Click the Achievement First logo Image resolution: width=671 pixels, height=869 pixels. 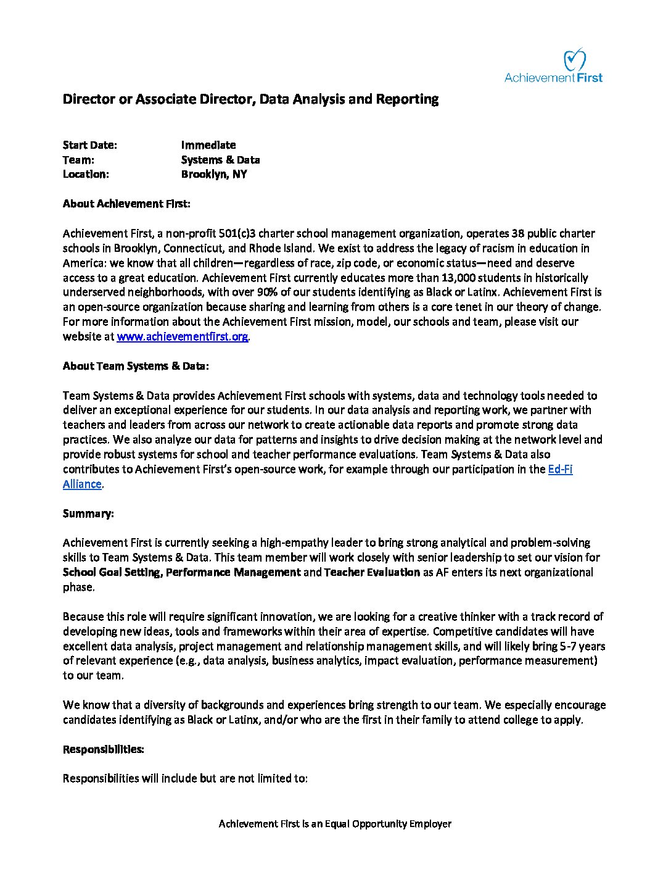coord(553,66)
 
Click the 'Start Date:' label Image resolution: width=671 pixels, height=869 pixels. coord(89,145)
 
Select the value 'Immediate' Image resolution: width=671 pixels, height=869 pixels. coord(208,145)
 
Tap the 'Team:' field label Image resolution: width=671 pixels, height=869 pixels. coord(78,160)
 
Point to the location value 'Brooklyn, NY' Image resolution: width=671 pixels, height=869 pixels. coord(213,174)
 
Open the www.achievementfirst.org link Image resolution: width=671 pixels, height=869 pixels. coord(183,336)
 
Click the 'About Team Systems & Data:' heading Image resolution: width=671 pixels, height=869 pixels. coord(136,366)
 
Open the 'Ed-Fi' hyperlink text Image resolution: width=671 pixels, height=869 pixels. coord(560,469)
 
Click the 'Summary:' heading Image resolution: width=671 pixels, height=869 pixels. coord(88,513)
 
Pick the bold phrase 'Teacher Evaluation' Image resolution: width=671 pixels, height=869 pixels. coord(372,572)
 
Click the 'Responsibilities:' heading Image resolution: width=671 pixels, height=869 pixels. coord(104,749)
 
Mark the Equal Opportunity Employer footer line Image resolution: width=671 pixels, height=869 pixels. coord(335,824)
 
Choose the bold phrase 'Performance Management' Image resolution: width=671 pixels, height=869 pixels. coord(233,572)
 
